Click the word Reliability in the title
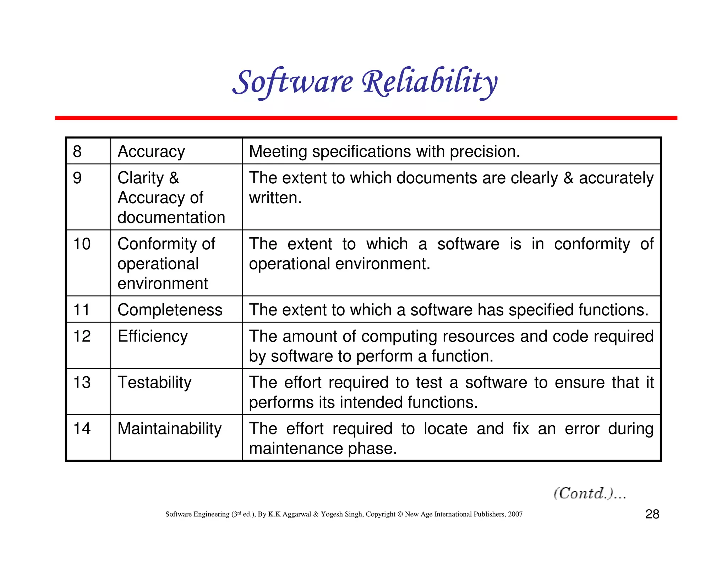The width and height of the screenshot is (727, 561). (430, 82)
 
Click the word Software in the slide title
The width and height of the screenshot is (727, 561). (293, 82)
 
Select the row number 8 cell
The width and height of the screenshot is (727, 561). (77, 151)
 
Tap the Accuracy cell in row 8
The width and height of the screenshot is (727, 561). (151, 151)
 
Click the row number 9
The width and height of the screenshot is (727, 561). (77, 178)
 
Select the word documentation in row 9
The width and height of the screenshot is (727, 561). (171, 217)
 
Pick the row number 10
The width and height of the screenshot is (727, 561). (82, 244)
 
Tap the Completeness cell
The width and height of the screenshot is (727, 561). (170, 310)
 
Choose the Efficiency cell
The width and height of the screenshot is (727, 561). (153, 336)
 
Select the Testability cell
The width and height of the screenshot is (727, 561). (154, 382)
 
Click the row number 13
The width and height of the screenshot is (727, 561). (82, 382)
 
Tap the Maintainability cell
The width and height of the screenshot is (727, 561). (169, 428)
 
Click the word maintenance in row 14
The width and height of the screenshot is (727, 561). (296, 449)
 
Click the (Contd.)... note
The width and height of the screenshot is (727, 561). (590, 493)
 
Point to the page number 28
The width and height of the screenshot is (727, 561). (652, 514)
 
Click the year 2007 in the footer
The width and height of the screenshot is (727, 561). (515, 514)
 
